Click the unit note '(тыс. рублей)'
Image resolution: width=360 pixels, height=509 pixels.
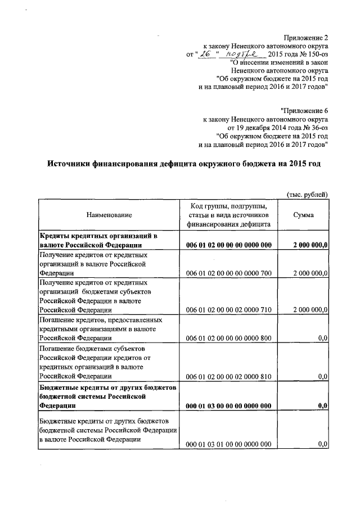pyautogui.click(x=307, y=194)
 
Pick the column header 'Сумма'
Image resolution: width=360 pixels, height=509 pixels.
pyautogui.click(x=304, y=215)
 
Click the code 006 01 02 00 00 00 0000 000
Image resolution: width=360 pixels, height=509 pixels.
pyautogui.click(x=228, y=245)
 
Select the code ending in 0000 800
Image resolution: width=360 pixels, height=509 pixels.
pyautogui.click(x=228, y=338)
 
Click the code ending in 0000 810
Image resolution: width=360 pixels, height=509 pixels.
pyautogui.click(x=228, y=376)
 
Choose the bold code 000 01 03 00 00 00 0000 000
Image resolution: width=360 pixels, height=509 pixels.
pyautogui.click(x=228, y=405)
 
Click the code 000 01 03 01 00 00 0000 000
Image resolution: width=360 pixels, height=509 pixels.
pyautogui.click(x=228, y=444)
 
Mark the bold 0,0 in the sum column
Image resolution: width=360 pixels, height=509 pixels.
pyautogui.click(x=322, y=405)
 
